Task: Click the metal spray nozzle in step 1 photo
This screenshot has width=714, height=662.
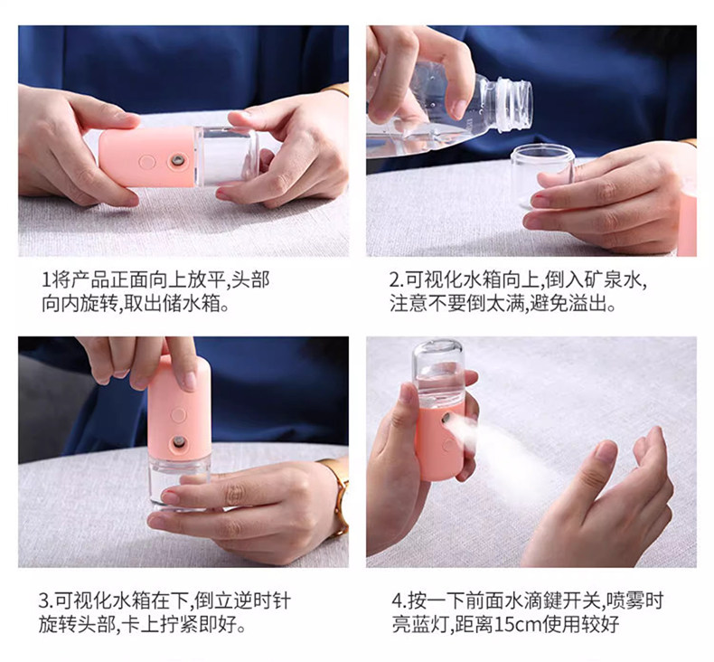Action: [176, 160]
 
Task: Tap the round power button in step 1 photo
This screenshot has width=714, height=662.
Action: [147, 161]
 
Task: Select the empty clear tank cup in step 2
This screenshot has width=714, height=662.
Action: [543, 175]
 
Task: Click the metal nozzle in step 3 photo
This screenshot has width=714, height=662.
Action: [178, 441]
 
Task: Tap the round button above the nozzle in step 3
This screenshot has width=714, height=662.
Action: [178, 415]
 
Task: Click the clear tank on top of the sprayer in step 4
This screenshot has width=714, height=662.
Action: [438, 371]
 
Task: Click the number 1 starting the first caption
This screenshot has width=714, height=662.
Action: [45, 279]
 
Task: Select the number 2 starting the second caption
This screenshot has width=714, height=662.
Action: [394, 279]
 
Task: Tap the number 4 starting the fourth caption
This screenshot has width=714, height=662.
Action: [396, 601]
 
